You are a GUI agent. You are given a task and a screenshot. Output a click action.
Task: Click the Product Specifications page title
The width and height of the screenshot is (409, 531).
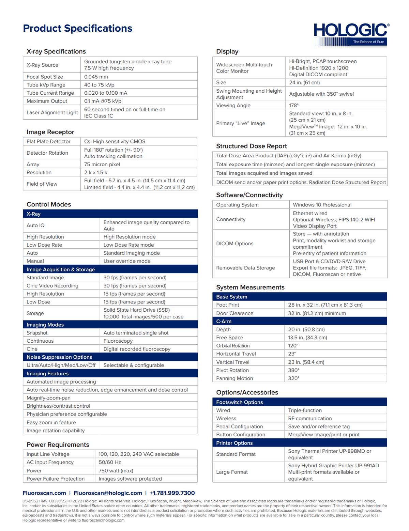78,28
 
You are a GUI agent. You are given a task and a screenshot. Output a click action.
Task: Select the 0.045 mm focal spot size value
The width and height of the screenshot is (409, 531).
96,77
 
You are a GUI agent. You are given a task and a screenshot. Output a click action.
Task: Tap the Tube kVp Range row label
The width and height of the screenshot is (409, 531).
46,85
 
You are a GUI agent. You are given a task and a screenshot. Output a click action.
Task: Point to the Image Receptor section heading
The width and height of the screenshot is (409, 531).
50,132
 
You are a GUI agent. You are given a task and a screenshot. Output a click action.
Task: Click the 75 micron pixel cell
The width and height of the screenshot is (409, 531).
102,164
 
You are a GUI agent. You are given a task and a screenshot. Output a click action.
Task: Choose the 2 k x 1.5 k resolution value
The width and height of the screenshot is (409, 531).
96,172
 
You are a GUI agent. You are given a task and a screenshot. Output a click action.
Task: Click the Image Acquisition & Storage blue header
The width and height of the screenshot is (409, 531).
61,269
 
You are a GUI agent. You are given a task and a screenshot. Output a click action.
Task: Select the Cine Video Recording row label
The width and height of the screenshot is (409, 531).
52,286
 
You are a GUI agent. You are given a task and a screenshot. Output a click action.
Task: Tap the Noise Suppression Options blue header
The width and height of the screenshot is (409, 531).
59,357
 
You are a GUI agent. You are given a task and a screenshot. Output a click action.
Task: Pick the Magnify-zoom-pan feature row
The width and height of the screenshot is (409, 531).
49,398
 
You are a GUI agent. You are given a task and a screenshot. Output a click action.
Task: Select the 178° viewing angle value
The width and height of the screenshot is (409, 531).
294,105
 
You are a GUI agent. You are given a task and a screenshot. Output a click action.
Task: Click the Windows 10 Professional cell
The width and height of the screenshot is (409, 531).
322,205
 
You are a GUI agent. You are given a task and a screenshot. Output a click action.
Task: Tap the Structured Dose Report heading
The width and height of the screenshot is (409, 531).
252,146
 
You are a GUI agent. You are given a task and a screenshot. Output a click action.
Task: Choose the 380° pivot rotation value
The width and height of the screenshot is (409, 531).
294,370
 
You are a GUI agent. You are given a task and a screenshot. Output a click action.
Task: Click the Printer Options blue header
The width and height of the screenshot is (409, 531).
234,443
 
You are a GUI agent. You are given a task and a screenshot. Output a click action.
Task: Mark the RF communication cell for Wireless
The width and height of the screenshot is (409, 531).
310,418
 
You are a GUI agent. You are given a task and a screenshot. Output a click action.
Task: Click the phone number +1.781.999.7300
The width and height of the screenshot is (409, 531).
172,493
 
